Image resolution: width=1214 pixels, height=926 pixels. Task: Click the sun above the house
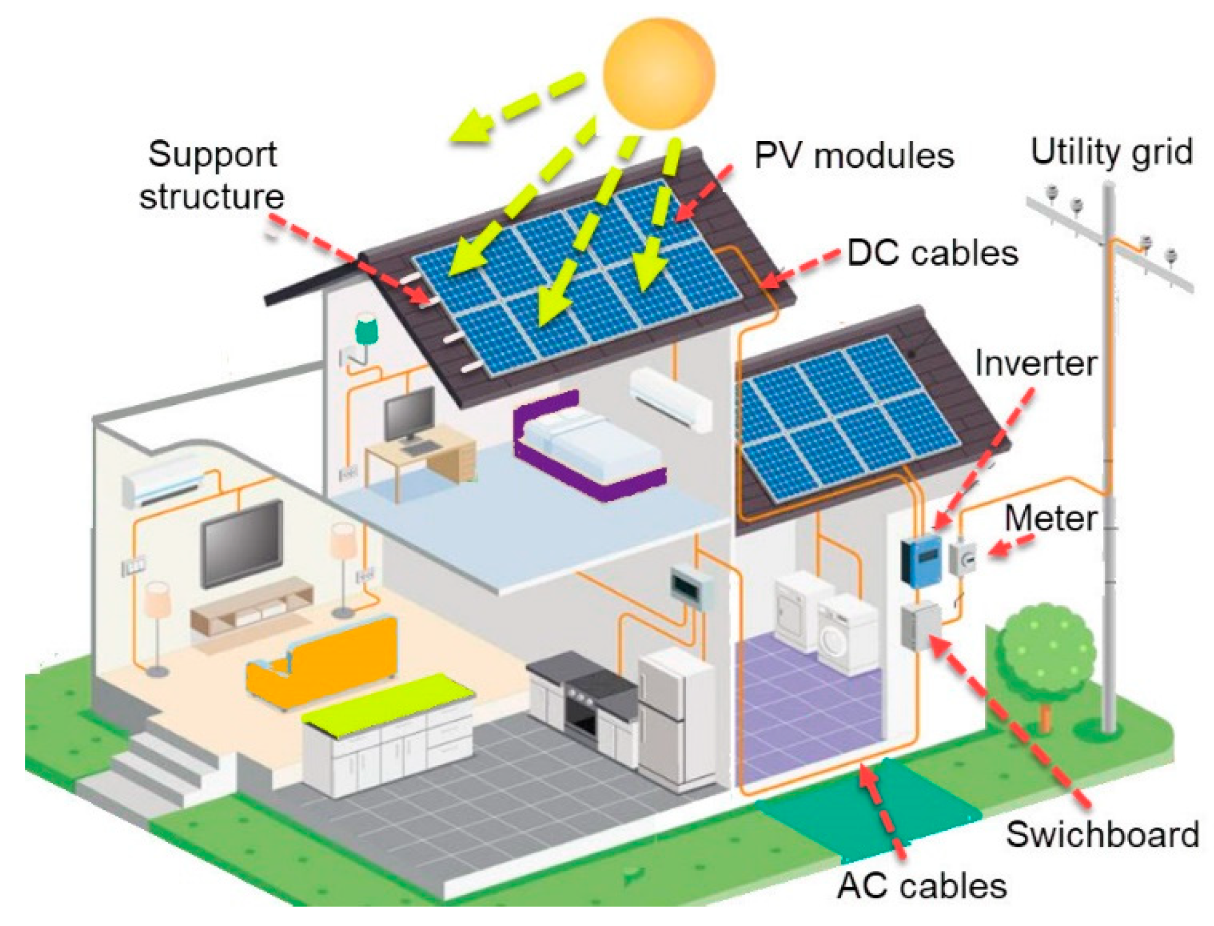659,73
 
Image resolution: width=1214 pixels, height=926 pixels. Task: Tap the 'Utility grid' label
1111,153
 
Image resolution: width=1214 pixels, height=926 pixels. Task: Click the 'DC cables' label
933,254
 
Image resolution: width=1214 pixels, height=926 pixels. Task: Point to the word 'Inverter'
1035,364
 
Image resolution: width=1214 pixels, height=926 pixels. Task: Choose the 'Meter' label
1050,519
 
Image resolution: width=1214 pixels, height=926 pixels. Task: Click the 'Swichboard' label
1102,834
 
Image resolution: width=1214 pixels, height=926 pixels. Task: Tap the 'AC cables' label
922,886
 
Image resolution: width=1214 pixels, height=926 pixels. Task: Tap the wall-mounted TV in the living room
241,543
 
